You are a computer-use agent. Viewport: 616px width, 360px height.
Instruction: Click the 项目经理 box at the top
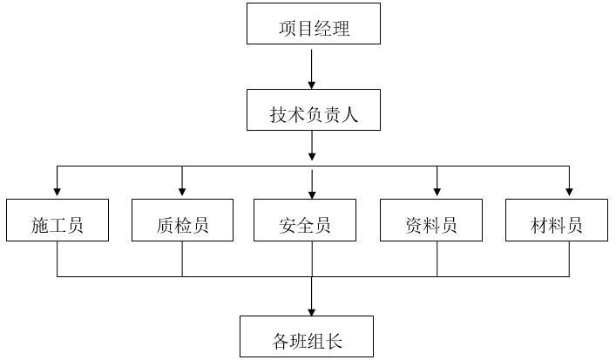tap(314, 24)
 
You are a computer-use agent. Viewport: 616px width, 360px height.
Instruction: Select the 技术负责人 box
tap(314, 110)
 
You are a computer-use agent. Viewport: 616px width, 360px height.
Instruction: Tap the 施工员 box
tap(58, 220)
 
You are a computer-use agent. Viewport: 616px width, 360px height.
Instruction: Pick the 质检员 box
tap(182, 220)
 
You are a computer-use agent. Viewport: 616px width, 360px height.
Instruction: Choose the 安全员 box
tap(305, 220)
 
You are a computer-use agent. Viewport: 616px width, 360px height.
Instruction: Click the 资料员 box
tap(430, 220)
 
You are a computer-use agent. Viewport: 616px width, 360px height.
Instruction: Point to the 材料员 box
tap(556, 220)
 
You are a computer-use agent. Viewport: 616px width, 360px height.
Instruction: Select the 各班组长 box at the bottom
tap(307, 336)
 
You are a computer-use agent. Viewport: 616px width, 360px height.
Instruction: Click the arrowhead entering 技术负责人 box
tap(312, 84)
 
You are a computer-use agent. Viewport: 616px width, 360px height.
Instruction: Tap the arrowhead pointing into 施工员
tap(58, 193)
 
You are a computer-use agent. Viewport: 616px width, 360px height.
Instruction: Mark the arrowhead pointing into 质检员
tap(182, 193)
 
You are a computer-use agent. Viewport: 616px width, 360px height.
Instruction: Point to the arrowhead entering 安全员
tap(312, 193)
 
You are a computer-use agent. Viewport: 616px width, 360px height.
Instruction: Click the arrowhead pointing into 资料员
tap(437, 193)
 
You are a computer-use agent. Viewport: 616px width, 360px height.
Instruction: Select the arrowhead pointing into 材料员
tap(569, 193)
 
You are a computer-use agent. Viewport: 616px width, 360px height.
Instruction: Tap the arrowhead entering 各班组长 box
tap(312, 310)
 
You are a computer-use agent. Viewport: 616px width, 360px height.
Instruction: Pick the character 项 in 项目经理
tap(288, 29)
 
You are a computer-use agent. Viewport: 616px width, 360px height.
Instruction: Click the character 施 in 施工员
tap(40, 226)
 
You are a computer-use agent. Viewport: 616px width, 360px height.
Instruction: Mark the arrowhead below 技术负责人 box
tap(312, 157)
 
